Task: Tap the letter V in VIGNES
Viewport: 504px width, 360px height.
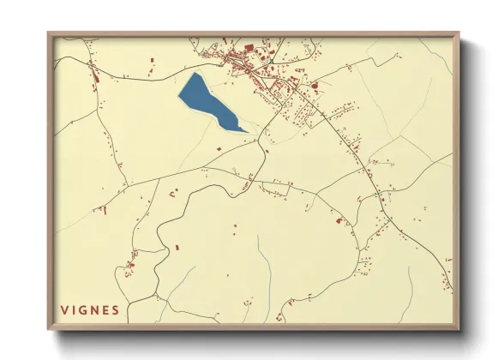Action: click(64, 309)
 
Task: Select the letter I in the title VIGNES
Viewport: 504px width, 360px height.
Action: click(75, 309)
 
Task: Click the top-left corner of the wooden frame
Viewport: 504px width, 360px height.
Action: click(48, 33)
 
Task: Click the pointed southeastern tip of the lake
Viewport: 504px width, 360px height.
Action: click(247, 131)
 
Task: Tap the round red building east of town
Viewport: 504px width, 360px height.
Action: click(315, 85)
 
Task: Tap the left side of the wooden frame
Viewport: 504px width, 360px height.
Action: click(50, 180)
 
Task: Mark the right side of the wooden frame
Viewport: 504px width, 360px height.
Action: click(458, 180)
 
